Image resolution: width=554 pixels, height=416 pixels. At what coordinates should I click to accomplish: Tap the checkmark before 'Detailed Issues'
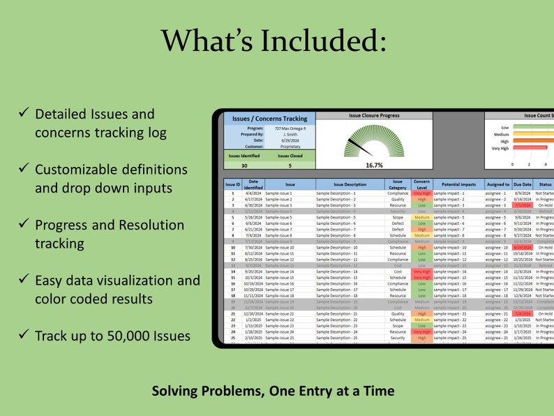click(x=23, y=113)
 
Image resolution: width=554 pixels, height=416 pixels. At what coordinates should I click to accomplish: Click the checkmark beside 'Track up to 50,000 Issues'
click(x=23, y=335)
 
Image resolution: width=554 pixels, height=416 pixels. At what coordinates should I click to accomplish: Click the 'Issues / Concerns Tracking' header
click(x=269, y=119)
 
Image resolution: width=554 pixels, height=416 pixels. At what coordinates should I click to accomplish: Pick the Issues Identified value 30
click(x=244, y=165)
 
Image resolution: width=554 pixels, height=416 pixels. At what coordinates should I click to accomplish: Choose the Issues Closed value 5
click(x=290, y=165)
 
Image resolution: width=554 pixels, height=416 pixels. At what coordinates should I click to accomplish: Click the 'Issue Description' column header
click(x=350, y=184)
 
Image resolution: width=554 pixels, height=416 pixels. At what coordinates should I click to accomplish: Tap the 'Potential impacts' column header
click(x=458, y=184)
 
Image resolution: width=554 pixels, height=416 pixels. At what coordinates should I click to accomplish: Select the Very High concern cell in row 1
click(x=422, y=193)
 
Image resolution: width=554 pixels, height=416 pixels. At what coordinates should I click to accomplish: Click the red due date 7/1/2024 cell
click(x=523, y=205)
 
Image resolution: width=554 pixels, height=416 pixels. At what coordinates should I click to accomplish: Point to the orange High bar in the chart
click(x=534, y=140)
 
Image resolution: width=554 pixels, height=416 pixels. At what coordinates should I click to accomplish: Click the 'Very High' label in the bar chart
click(x=500, y=148)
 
